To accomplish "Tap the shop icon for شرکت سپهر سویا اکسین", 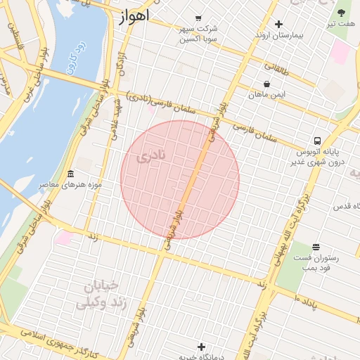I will [198, 18].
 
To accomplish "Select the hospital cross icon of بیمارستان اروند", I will [278, 24].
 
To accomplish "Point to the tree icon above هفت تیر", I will [342, 13].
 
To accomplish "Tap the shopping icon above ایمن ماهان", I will [266, 83].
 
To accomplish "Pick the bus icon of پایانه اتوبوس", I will [318, 141].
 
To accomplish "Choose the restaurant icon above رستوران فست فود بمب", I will [316, 247].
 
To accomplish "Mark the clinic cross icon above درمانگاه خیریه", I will [202, 347].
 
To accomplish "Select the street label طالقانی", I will [276, 68].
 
